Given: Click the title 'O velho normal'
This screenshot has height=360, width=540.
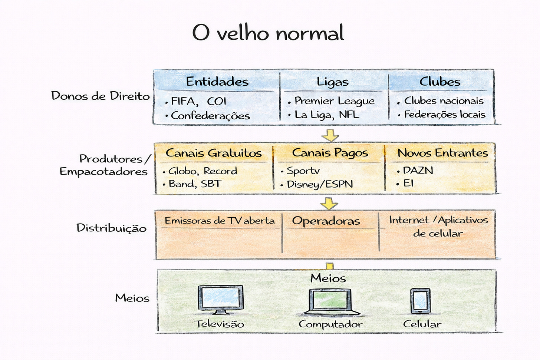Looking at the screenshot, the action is point(268,33).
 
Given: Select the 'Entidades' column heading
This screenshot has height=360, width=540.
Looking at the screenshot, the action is point(217,82).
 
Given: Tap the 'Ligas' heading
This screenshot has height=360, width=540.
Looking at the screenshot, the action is point(333,82).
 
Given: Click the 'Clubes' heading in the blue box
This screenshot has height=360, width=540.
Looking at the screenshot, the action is point(440,82).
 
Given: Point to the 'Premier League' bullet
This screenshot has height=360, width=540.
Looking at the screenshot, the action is point(334,101).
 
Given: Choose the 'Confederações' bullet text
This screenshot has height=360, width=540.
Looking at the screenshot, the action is point(210,116).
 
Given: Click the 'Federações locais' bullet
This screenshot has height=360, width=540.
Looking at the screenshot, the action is point(444,115).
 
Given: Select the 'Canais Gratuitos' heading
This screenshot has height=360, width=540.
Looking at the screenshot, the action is point(214,153).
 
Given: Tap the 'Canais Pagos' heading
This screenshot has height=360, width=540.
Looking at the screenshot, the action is point(330,153).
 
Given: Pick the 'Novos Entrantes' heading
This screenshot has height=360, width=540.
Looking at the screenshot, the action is point(442,153).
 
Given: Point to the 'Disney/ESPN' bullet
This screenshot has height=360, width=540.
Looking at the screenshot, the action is point(320,184).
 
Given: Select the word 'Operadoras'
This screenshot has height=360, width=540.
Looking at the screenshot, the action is point(326,221).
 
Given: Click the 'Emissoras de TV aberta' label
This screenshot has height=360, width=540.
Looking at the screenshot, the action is point(220,221).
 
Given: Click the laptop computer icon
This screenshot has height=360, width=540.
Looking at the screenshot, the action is point(330,301).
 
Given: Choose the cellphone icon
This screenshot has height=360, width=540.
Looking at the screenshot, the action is point(421,301).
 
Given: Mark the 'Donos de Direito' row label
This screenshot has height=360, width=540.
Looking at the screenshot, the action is point(101,96).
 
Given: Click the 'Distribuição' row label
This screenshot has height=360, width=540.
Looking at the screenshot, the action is point(111,228).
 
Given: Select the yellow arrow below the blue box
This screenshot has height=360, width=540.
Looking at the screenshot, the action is point(330,135).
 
